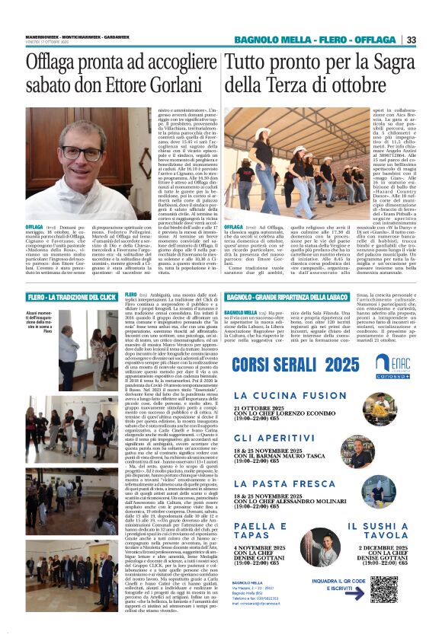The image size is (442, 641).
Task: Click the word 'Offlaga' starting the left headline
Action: point(58,62)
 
